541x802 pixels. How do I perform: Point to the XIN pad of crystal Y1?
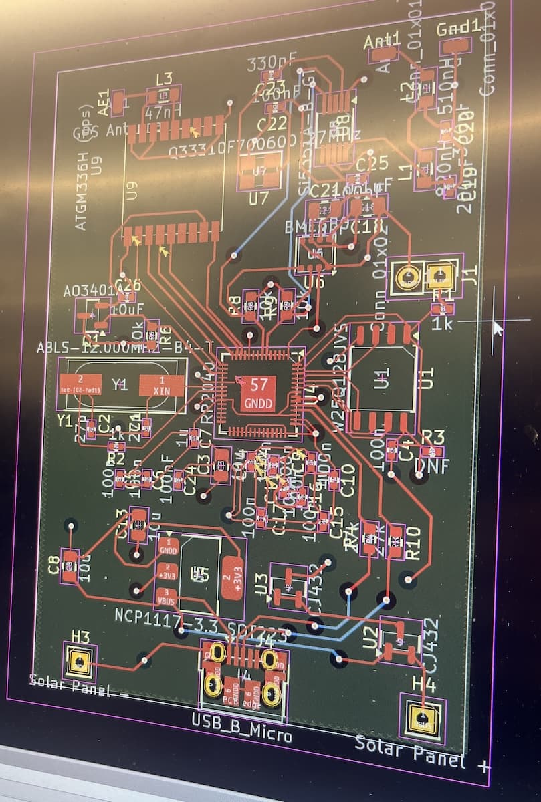point(161,386)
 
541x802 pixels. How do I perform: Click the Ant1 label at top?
point(383,41)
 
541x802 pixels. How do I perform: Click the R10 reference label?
point(413,542)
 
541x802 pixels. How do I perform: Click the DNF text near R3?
point(431,466)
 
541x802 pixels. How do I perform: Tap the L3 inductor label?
point(164,78)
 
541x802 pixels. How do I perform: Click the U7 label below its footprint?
point(258,198)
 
